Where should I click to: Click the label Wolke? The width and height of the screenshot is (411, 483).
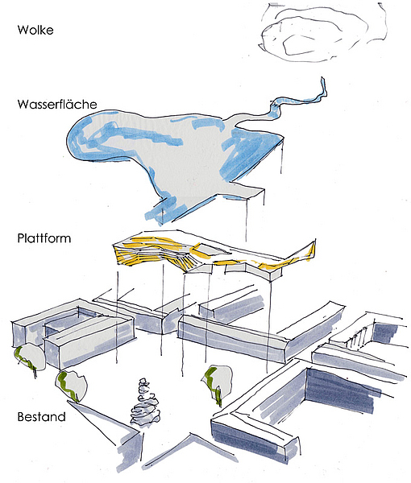(x=35, y=30)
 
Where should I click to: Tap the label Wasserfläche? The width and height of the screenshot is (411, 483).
(x=57, y=104)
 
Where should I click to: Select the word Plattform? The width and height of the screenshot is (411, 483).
(x=44, y=238)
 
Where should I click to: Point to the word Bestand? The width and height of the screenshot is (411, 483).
(x=41, y=416)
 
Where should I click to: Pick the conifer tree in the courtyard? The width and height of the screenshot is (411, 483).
(x=144, y=403)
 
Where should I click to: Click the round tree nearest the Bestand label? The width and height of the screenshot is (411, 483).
(x=72, y=386)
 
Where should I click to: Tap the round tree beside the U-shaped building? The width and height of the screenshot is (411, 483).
(x=29, y=357)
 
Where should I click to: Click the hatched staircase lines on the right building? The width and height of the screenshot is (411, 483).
(x=359, y=338)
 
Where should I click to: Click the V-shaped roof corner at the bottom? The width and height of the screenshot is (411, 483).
(x=192, y=435)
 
